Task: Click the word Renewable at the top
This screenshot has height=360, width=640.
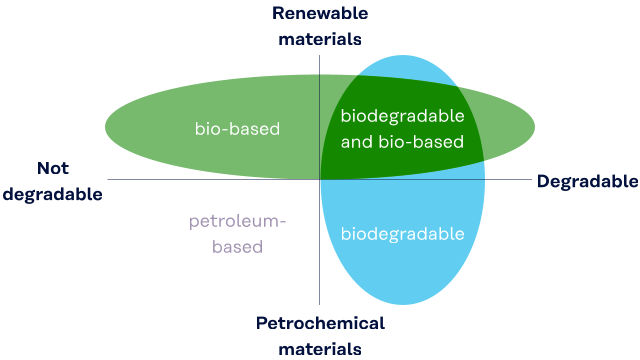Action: tap(320, 13)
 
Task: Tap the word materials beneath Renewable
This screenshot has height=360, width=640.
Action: tap(320, 39)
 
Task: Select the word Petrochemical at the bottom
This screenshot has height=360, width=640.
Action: tap(320, 323)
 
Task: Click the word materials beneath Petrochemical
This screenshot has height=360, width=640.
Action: tap(320, 349)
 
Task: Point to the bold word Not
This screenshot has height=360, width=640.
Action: tap(53, 168)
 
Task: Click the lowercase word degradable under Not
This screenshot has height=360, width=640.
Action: tap(53, 195)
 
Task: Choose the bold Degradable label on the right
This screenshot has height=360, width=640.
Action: tap(587, 182)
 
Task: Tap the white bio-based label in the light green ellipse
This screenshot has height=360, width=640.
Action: tap(237, 129)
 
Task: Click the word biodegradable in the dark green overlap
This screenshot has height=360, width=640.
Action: tap(402, 116)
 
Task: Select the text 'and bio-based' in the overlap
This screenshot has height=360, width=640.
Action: tap(402, 142)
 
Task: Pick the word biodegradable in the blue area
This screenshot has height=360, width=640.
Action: tap(402, 234)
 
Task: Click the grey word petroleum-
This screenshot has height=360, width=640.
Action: tap(237, 222)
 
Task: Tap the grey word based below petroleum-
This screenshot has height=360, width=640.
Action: tap(237, 247)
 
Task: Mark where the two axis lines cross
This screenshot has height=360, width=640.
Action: tap(320, 179)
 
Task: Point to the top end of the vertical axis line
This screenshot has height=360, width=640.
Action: tap(320, 56)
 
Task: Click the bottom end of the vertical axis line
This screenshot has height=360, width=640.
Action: tap(320, 304)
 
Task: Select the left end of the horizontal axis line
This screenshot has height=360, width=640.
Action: tap(108, 179)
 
